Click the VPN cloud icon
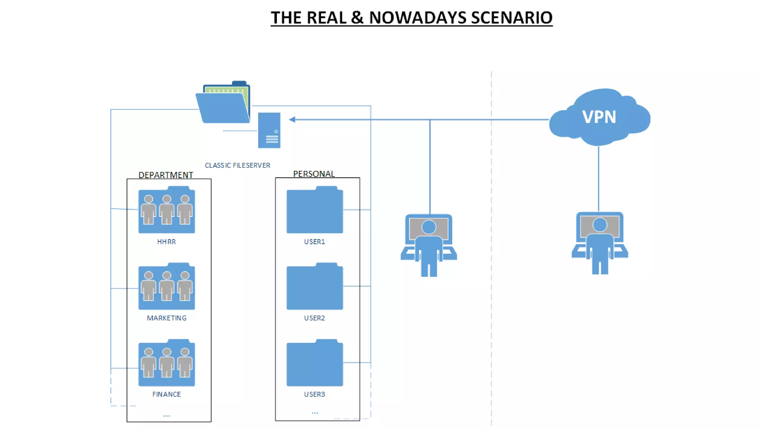(599, 117)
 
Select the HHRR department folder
(167, 211)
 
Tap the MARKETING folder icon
(167, 287)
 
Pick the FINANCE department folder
(167, 363)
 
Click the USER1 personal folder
(315, 211)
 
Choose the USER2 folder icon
(315, 287)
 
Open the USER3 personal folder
(315, 363)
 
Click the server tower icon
(269, 130)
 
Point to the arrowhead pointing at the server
(292, 120)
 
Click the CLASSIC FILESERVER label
(237, 165)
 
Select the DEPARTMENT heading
(166, 175)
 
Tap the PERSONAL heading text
(314, 174)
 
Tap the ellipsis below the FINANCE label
(167, 415)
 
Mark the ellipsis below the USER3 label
(315, 412)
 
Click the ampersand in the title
(357, 18)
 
